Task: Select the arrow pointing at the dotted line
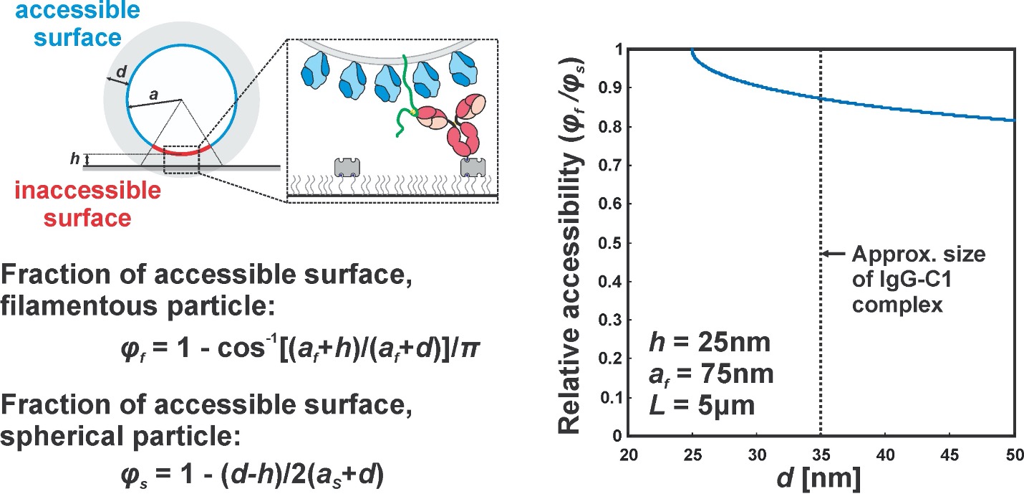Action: point(832,253)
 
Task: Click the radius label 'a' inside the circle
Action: point(154,94)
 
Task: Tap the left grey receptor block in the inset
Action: point(347,166)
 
